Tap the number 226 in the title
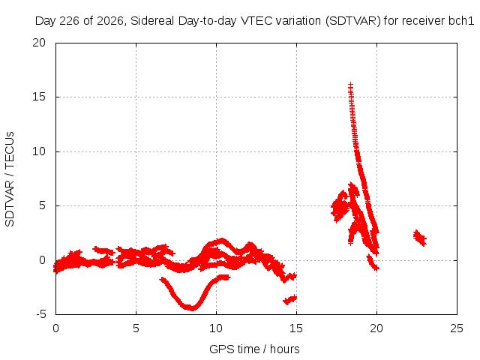coord(70,21)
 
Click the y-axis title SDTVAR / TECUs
coord(10,179)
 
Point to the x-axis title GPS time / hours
coord(254,349)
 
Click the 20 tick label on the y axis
coord(39,43)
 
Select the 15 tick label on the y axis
coord(39,97)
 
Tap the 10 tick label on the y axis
coord(39,151)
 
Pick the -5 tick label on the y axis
coord(40,314)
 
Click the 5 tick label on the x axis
coord(136,328)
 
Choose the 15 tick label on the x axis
coord(296,328)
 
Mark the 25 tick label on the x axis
coord(457,328)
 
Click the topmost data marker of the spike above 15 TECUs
coord(350,85)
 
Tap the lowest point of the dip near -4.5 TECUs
coord(192,308)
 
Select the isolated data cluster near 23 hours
coord(420,238)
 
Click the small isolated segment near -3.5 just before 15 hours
coord(290,300)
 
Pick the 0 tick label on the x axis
coord(55,328)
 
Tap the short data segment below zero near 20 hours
coord(373,263)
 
